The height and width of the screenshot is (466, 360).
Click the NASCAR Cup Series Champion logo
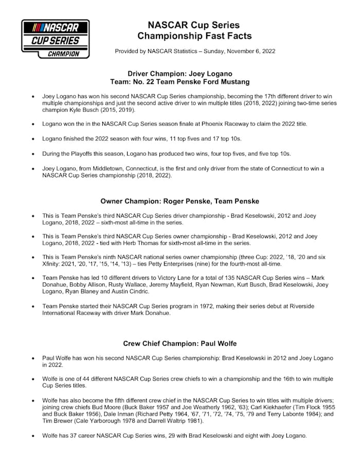tap(56, 39)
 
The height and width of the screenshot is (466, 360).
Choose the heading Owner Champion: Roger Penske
tap(179, 201)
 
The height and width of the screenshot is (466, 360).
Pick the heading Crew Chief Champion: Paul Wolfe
tap(179, 343)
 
